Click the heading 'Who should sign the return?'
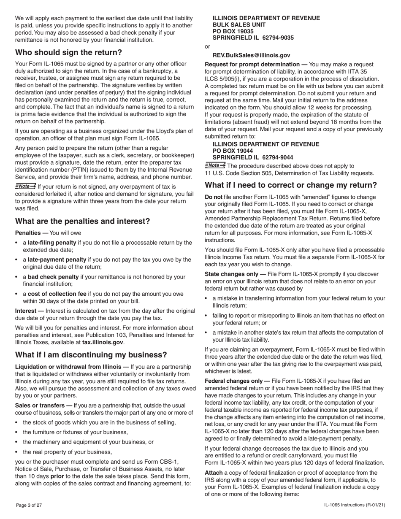(68, 52)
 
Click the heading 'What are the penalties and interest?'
(82, 221)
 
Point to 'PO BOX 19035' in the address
(233, 31)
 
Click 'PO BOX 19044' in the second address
(233, 151)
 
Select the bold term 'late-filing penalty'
(52, 243)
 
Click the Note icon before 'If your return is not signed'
(25, 186)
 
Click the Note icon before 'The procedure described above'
(215, 165)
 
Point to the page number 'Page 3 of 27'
(29, 505)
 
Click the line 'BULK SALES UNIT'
(239, 25)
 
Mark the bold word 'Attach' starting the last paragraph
(214, 473)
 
